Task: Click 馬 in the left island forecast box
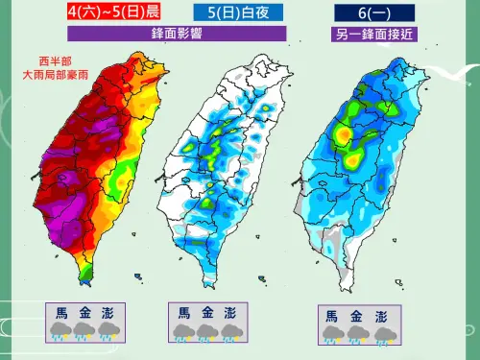[61, 311]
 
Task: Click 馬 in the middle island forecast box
[180, 313]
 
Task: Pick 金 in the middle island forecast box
[205, 313]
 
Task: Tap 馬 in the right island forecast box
[331, 316]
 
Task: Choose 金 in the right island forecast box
[356, 316]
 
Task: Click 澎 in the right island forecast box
[381, 316]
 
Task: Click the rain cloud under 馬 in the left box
[61, 331]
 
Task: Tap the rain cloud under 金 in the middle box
[205, 332]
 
